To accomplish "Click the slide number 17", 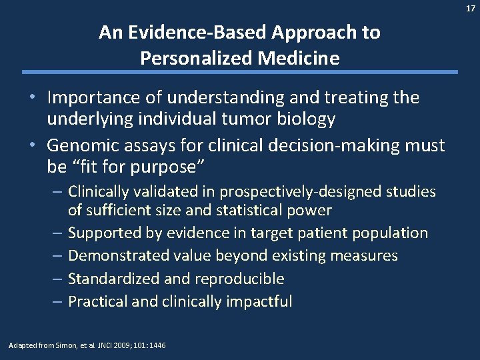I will coord(471,8).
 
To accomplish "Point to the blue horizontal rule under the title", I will coord(240,72).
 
